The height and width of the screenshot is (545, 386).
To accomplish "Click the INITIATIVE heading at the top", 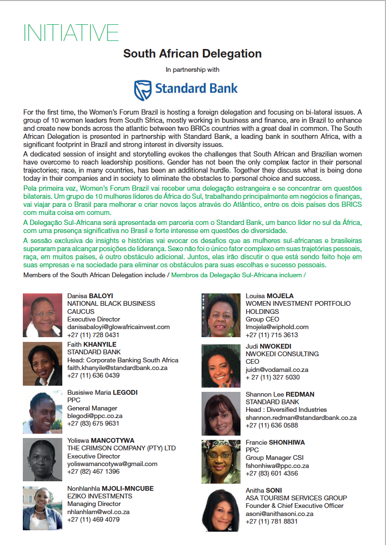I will [x=71, y=32].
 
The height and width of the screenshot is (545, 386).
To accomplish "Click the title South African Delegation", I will [x=192, y=53].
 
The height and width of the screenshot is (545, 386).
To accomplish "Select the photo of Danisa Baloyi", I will [x=42, y=315].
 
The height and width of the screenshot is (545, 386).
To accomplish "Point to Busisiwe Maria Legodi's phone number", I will [x=93, y=424].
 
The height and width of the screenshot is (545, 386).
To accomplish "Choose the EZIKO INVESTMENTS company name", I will [x=100, y=496].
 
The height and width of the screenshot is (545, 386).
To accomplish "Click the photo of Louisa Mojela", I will [x=221, y=315].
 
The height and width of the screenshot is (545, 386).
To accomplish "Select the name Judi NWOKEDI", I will [x=269, y=346].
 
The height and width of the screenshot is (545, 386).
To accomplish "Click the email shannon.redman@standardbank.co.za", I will [x=301, y=418].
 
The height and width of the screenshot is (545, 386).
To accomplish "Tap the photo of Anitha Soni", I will [x=221, y=510].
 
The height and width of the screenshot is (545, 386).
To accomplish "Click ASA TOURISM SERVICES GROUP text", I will [x=296, y=498].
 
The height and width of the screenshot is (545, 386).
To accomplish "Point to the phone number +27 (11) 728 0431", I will [x=93, y=335].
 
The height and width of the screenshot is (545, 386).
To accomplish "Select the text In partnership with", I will [x=192, y=69].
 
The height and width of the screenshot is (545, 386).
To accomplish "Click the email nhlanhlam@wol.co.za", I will [x=98, y=512].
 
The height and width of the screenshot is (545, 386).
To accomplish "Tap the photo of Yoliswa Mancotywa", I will [x=42, y=460].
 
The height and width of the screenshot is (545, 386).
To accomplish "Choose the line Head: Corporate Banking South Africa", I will [x=123, y=360].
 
